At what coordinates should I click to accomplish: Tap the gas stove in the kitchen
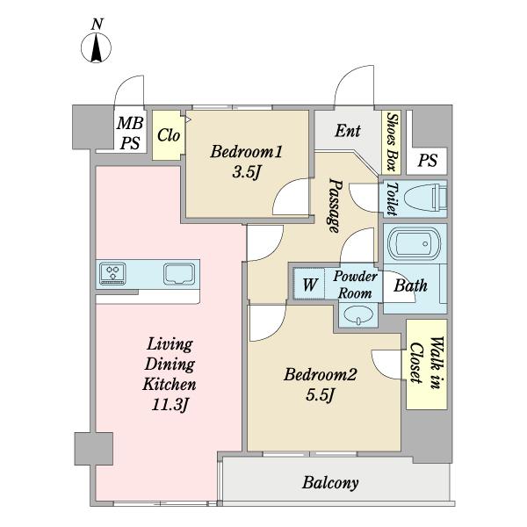(x=113, y=274)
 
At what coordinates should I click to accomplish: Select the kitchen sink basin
(x=179, y=274)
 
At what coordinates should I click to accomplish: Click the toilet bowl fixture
(x=426, y=199)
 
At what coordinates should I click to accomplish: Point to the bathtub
(x=415, y=244)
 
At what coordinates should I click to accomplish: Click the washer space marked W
(x=309, y=284)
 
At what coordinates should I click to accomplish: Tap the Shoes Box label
(x=392, y=141)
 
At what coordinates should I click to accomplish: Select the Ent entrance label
(x=348, y=131)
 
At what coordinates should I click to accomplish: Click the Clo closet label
(x=169, y=135)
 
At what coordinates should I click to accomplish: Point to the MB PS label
(x=130, y=134)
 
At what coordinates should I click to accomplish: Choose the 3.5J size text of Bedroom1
(x=246, y=173)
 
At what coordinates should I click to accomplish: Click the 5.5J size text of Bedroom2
(x=321, y=394)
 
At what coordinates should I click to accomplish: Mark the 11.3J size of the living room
(x=170, y=404)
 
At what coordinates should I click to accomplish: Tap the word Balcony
(x=330, y=483)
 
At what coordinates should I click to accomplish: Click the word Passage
(x=335, y=206)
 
